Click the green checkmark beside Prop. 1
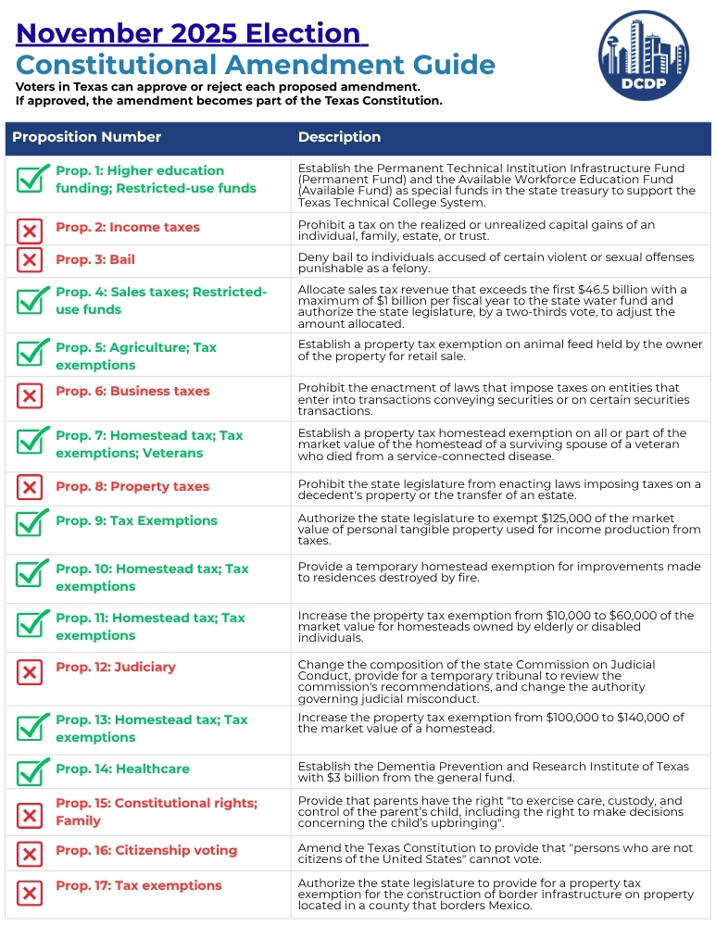point(32,178)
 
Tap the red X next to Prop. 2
point(30,231)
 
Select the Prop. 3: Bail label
point(95,259)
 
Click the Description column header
point(339,137)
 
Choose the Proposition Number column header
point(86,137)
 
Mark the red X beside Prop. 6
point(30,396)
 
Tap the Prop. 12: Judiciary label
point(116,667)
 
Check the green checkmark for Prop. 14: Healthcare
point(32,770)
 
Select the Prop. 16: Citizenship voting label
point(146,850)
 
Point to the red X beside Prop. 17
point(30,893)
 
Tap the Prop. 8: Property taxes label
point(132,486)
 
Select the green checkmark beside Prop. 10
point(32,575)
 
